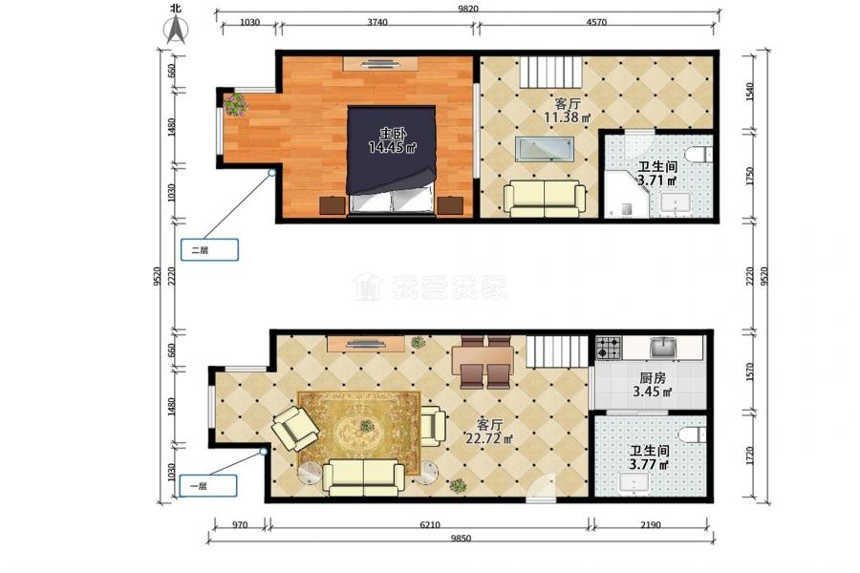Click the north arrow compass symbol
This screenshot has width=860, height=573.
[x=177, y=29]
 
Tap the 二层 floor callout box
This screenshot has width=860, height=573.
[x=209, y=249]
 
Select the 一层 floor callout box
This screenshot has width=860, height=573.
[x=208, y=486]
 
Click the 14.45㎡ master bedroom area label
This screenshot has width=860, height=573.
[x=392, y=147]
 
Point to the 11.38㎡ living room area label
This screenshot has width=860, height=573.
[x=567, y=117]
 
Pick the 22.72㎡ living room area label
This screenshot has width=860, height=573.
[x=489, y=438]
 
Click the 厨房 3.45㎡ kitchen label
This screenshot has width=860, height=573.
[x=653, y=385]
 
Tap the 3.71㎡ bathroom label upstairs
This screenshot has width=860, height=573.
[x=656, y=180]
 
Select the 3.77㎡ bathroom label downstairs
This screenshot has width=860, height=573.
[x=649, y=465]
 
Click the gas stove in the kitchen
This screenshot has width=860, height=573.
[x=609, y=348]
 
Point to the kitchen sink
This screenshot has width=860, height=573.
[x=663, y=347]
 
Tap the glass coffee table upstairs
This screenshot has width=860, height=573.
[x=544, y=149]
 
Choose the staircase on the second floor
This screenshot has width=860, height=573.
[x=550, y=72]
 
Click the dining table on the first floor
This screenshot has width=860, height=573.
[x=483, y=361]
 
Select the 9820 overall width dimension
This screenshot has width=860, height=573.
[x=468, y=9]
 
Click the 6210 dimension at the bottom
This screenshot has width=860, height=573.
[x=430, y=524]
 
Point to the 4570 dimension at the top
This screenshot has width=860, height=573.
[x=596, y=23]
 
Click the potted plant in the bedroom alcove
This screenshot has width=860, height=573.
[x=235, y=104]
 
